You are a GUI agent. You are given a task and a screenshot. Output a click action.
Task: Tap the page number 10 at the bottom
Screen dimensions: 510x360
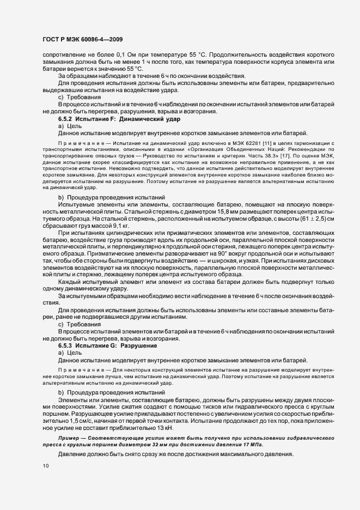(x=45, y=466)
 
